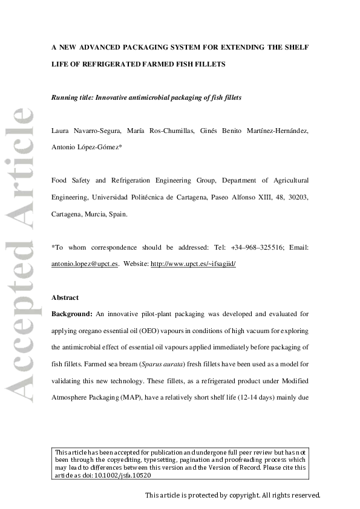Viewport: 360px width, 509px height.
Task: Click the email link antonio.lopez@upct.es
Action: [x=85, y=263]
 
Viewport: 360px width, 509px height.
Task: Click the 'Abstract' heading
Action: [x=65, y=297]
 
